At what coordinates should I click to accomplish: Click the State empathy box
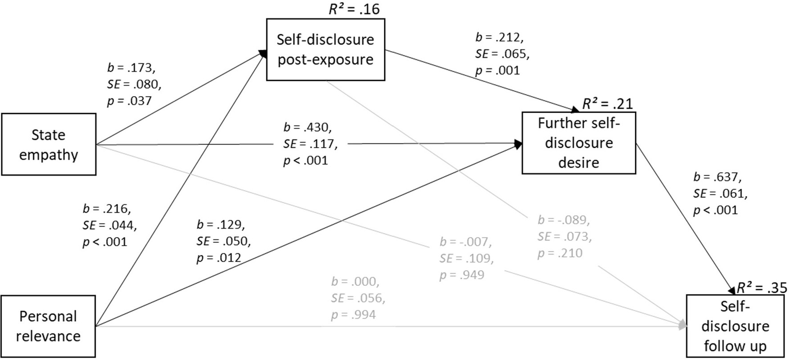49,144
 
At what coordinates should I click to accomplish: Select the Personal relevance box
48,326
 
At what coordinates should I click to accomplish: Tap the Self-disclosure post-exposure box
325,49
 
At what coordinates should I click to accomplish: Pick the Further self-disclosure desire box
578,142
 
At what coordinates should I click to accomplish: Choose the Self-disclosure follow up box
735,326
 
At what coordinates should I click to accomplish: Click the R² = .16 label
354,9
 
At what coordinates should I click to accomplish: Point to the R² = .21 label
607,104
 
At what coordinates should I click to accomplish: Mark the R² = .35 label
761,287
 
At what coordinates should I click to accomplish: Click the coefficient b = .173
131,68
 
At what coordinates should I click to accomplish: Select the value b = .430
307,127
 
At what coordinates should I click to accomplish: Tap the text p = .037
129,101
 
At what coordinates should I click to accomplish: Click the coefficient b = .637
717,177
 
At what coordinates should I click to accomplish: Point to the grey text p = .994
353,315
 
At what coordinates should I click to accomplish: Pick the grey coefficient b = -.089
564,220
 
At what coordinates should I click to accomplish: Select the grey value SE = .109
467,258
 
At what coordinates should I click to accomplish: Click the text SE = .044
110,225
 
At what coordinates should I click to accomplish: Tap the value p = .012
219,257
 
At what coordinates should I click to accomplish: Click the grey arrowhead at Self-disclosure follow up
682,325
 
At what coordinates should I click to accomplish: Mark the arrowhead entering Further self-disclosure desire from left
518,144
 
